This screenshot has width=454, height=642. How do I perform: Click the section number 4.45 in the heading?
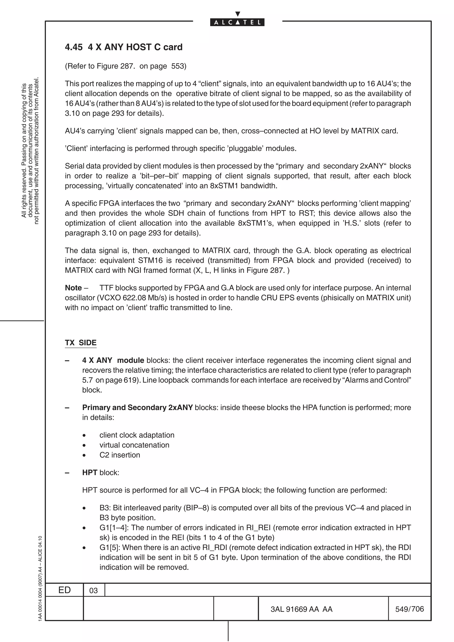coord(74,47)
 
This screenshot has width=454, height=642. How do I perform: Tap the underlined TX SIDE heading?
coord(80,342)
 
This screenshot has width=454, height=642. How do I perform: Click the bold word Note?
coord(73,288)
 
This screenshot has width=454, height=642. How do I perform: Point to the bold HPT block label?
coord(90,473)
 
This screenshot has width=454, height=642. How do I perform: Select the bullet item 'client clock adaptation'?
coord(137,435)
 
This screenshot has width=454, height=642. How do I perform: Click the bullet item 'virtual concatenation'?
coord(134,445)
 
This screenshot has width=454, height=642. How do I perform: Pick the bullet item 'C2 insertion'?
coord(120,455)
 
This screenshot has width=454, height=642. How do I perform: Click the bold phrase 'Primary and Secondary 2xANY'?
coord(137,407)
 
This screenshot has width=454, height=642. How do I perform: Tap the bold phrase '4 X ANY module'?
coord(113,360)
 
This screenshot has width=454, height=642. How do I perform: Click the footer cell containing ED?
coord(64,590)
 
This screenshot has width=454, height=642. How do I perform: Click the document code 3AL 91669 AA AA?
coord(301,609)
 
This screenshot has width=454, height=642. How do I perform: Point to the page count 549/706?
coord(409,609)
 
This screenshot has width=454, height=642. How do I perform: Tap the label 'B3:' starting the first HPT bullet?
coord(105,508)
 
